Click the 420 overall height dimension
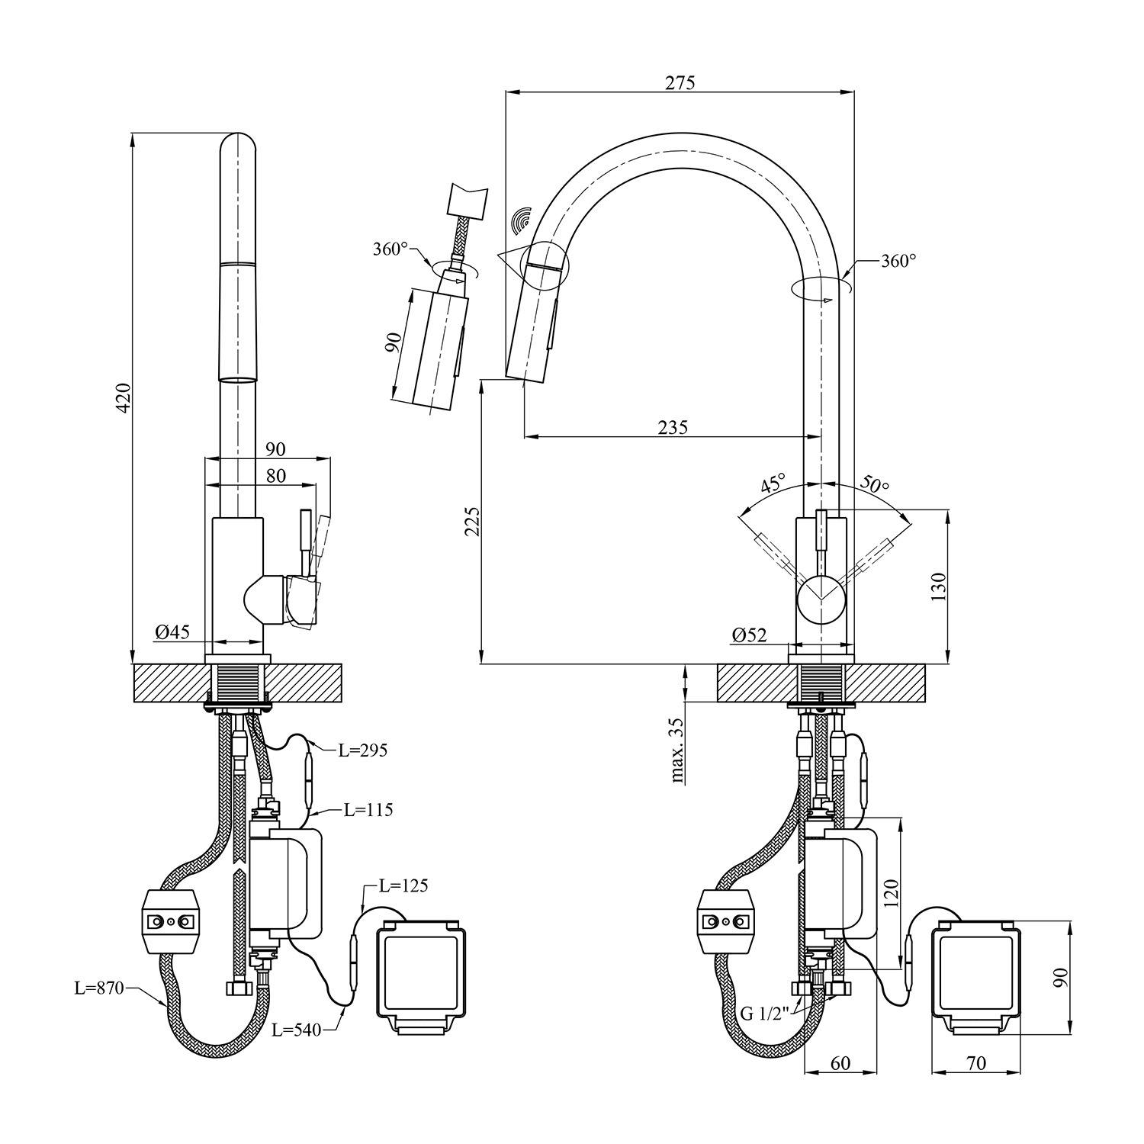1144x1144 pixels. coord(122,397)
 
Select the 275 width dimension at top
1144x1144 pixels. coord(680,82)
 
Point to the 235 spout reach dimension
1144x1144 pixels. coord(673,427)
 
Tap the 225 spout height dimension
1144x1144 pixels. coord(472,521)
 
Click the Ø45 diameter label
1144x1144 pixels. coord(172,631)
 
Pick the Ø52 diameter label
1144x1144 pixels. coord(749,635)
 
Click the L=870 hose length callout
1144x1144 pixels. coord(98,988)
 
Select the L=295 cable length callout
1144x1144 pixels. coord(362,750)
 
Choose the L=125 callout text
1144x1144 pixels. coord(403,885)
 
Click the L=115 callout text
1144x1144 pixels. coord(368,809)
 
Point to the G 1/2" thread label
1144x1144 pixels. coord(766,1014)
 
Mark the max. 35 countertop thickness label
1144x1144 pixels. coord(676,750)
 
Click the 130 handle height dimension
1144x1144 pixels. coord(938,586)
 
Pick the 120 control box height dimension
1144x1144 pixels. coord(892,893)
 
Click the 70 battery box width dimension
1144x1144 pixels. coord(976,1062)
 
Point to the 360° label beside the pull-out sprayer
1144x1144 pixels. coord(390,249)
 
